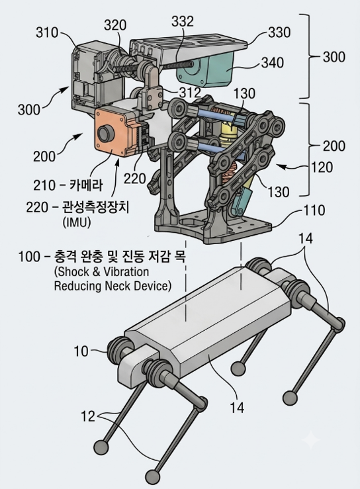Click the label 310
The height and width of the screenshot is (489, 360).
point(47,32)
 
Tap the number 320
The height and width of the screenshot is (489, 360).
point(115,25)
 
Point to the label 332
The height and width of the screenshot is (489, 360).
point(183,21)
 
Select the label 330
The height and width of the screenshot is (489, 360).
point(279,32)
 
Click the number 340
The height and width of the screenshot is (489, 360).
point(273,63)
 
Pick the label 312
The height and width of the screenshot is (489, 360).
point(190,93)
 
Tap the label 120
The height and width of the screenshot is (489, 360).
point(322,167)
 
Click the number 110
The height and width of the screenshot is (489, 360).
point(314,210)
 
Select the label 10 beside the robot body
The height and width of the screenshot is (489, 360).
point(81,351)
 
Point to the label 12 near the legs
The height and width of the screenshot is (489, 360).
point(87,416)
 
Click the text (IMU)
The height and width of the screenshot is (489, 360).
point(76,222)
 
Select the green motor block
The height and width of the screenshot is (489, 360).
point(207,69)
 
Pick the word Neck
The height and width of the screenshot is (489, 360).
point(118,286)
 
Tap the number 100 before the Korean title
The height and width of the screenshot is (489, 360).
point(29,257)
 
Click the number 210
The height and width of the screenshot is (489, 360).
point(44,185)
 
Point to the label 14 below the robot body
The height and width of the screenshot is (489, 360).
point(237,408)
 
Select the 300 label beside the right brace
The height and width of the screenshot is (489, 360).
point(334,57)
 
